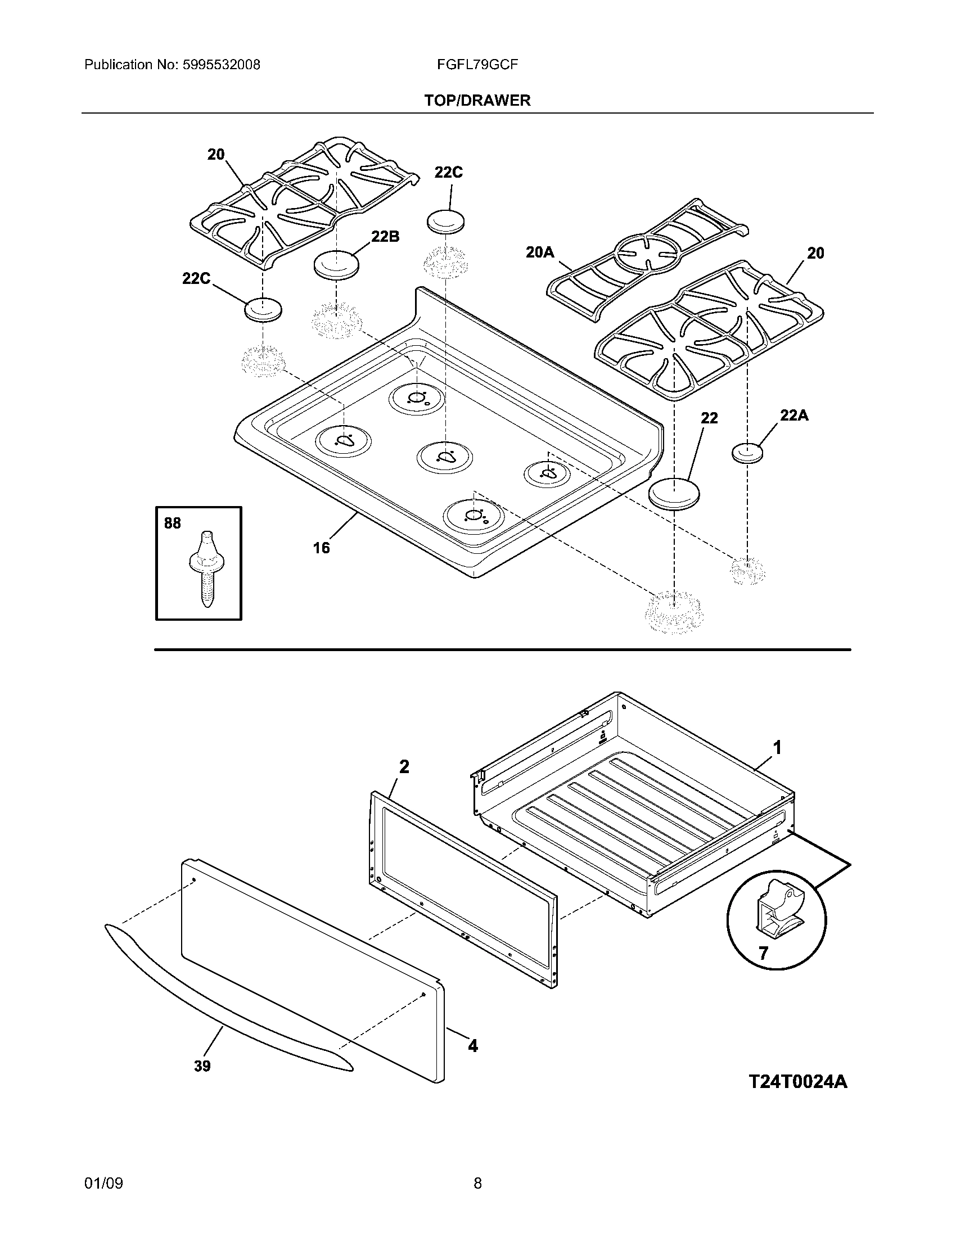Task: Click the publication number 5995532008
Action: [221, 65]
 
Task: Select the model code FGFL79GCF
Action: [477, 65]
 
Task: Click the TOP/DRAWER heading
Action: [477, 101]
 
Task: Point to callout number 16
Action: [321, 548]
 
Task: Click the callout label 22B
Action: [385, 236]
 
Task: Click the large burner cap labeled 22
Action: [674, 492]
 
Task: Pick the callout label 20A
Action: [539, 252]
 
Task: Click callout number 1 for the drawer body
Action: [778, 748]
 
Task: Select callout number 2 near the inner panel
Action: [404, 766]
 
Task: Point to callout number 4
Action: [472, 1046]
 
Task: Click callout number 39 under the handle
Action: [202, 1066]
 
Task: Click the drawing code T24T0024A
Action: [797, 1082]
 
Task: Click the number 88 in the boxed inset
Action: [172, 523]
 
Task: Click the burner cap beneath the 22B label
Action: [336, 264]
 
